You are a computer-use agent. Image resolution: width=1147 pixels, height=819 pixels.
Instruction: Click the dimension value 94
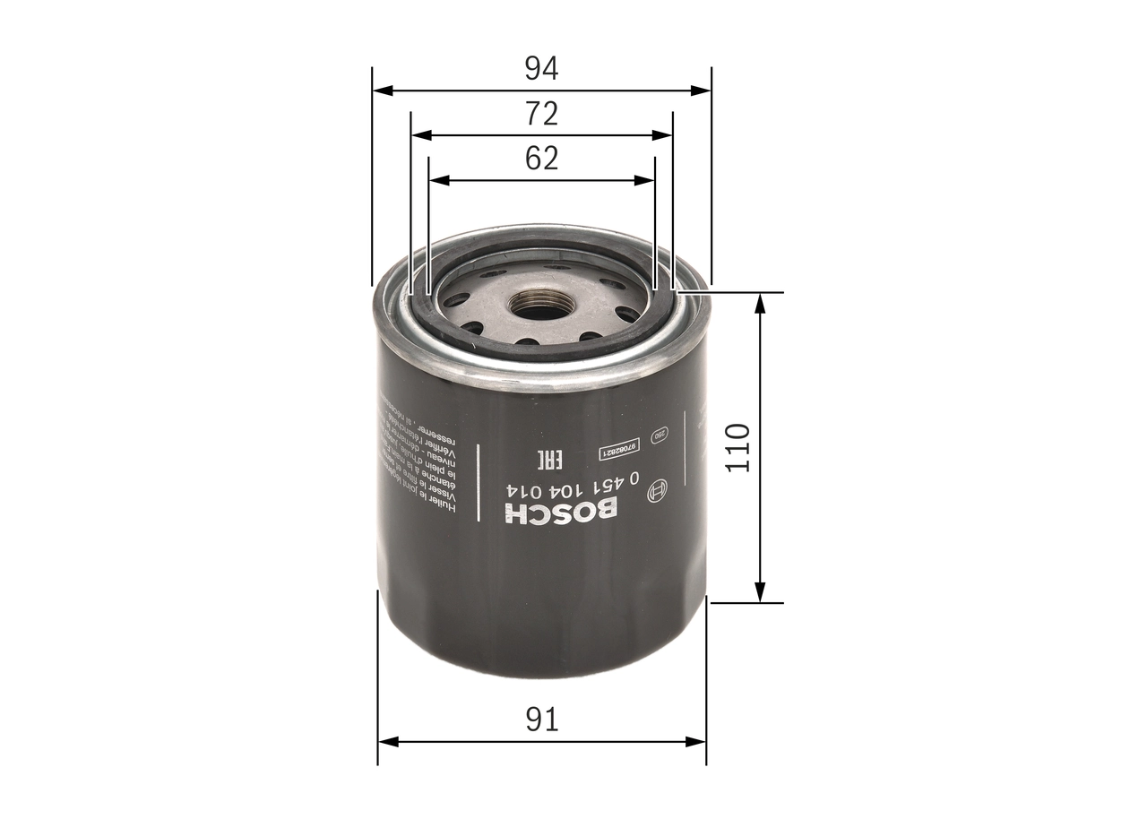point(541,68)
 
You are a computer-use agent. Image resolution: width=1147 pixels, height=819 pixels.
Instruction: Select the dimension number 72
point(541,114)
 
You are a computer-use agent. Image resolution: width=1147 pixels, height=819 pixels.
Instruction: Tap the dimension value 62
point(541,159)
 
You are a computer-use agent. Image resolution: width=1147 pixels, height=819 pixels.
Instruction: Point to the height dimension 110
point(736,448)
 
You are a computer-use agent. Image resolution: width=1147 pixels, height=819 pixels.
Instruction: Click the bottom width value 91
point(541,720)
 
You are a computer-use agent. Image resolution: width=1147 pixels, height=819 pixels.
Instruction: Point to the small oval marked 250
point(660,435)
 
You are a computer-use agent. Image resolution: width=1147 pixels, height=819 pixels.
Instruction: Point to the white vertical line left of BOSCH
point(478,488)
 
